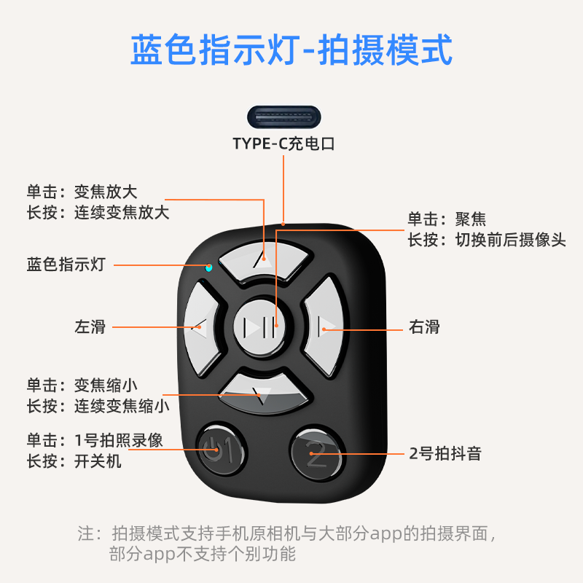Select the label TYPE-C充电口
(x=283, y=144)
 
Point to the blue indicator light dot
(x=209, y=267)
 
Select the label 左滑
(x=90, y=326)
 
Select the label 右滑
(x=424, y=326)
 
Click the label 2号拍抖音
(x=445, y=454)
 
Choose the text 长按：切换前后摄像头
(x=486, y=240)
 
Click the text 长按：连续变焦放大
(x=98, y=213)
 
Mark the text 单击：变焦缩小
(x=82, y=385)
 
